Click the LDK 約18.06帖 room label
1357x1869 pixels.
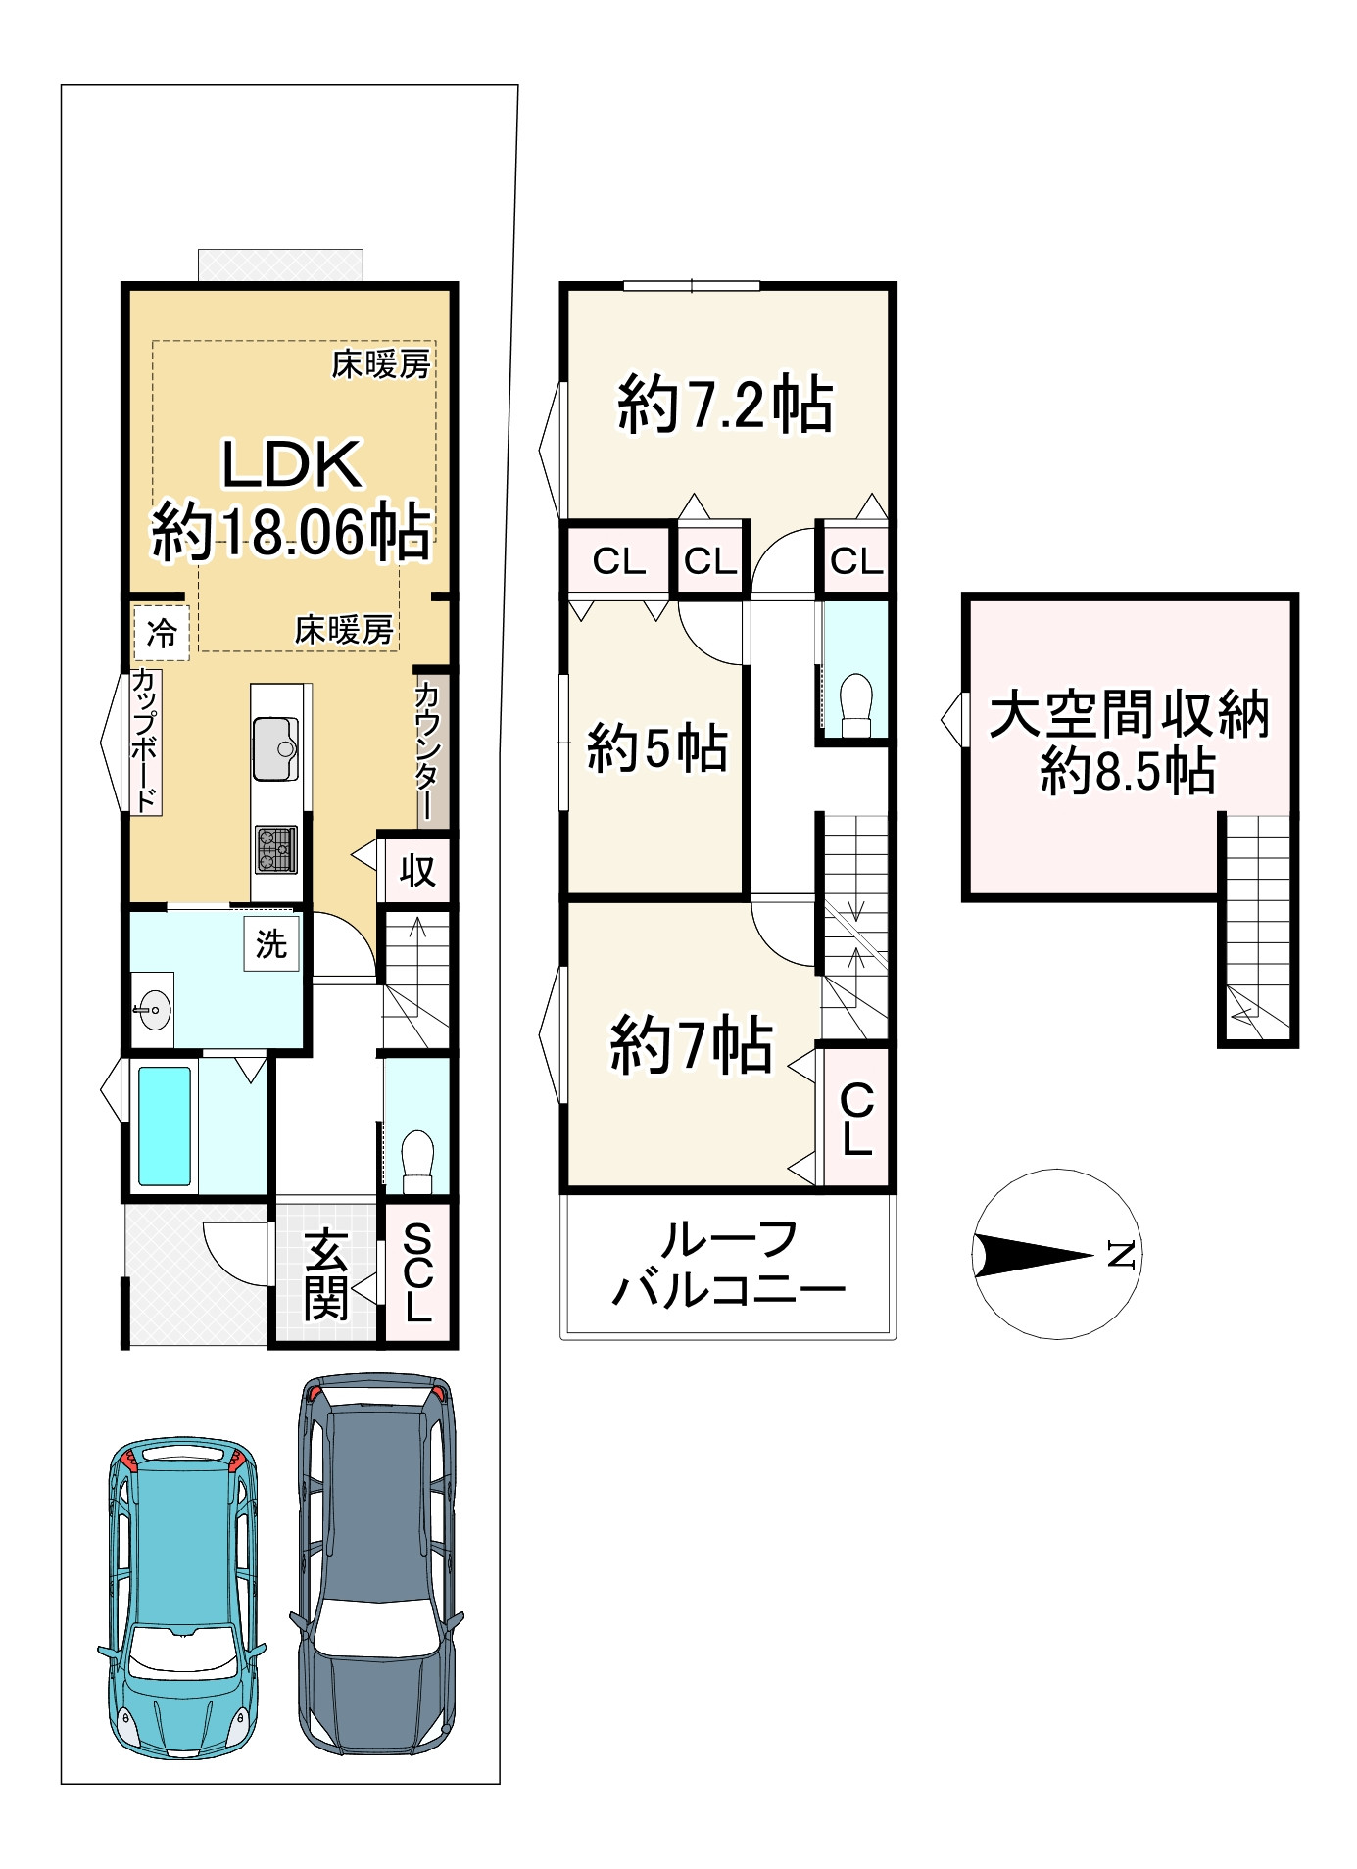291,500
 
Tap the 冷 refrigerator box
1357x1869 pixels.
162,633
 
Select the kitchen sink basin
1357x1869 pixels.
275,749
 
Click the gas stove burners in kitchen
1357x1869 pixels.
276,849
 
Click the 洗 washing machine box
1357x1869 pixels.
271,944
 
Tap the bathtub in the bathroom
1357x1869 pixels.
164,1126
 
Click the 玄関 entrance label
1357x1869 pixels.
326,1274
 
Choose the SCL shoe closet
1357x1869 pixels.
417,1272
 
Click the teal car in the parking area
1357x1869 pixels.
182,1598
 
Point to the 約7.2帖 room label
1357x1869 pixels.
725,405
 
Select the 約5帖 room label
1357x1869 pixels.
657,748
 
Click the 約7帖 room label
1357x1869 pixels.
692,1045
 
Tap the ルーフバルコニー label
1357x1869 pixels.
729,1265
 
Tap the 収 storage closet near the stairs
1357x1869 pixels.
416,870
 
